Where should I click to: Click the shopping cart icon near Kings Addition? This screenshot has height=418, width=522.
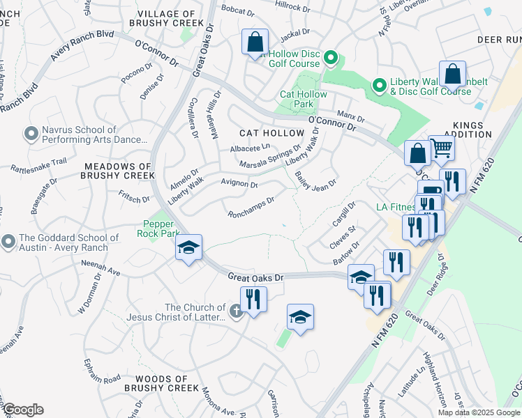pos(441,148)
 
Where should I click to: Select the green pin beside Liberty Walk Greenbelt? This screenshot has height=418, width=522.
pos(380,86)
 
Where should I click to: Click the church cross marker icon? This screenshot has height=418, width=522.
pos(236,309)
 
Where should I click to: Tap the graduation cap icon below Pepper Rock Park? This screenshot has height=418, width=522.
pos(188,248)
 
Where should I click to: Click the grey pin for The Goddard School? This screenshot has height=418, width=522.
pos(8,242)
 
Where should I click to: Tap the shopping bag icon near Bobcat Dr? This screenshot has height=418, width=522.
pos(255,42)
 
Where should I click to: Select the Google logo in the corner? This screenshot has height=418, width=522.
pos(23,410)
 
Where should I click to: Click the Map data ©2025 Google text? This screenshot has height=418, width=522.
pos(479,412)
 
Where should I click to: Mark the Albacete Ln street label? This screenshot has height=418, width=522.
pos(249,148)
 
